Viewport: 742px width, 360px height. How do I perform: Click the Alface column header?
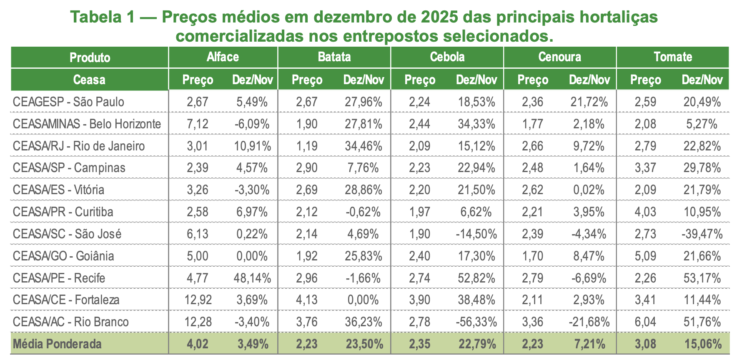[223, 57]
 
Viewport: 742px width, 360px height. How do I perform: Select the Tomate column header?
[672, 57]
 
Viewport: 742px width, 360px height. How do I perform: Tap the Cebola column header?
[447, 57]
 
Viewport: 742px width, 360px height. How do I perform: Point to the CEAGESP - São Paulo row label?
[68, 102]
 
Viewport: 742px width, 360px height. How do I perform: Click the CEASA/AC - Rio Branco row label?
[70, 322]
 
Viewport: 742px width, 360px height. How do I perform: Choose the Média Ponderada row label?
[57, 344]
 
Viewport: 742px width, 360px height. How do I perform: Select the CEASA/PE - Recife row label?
[59, 278]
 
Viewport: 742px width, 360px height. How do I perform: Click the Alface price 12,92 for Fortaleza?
[198, 300]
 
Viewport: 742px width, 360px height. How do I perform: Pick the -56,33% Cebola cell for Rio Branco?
[476, 322]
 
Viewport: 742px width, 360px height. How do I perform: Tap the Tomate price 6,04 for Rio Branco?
[645, 322]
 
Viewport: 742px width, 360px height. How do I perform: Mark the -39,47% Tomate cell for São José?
[702, 234]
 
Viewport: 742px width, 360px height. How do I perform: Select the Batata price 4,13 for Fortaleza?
[307, 300]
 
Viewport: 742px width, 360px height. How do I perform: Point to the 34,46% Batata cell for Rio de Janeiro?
[363, 146]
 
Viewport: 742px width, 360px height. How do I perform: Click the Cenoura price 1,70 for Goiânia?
[532, 256]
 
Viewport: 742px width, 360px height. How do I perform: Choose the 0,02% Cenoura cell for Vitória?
[589, 190]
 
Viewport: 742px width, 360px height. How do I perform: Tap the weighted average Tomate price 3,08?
[645, 344]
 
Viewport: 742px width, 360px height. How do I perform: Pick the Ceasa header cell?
[89, 80]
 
